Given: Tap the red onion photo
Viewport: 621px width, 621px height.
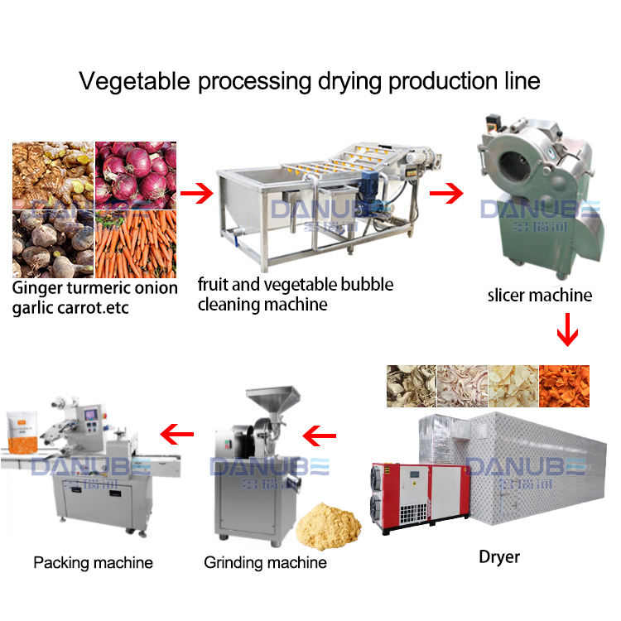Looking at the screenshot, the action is (x=136, y=175).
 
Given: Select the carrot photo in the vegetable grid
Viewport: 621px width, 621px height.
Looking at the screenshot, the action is (x=136, y=243).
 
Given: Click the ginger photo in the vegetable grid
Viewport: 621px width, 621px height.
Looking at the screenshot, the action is (x=53, y=175).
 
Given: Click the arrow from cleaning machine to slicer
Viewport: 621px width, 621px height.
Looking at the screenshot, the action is (x=445, y=195).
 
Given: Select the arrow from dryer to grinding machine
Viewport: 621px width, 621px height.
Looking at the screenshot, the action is (x=320, y=432).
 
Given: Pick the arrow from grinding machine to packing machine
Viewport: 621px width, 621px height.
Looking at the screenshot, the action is (x=176, y=432).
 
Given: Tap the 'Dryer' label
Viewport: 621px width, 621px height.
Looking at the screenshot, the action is (x=499, y=556).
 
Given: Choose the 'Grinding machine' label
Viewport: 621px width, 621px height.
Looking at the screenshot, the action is (x=265, y=563).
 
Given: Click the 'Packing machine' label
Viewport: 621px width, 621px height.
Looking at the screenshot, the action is (x=93, y=563).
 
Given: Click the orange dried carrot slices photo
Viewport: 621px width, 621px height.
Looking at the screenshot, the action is (x=565, y=386).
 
